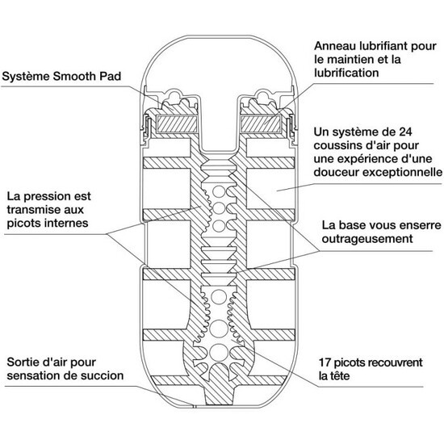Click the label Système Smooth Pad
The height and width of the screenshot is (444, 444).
(x=61, y=77)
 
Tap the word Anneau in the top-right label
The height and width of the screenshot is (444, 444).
(x=335, y=46)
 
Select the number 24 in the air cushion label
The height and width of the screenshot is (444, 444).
(x=405, y=132)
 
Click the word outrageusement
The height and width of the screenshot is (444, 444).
(x=367, y=239)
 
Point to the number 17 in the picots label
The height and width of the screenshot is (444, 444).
(x=325, y=362)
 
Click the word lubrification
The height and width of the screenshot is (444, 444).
(x=346, y=73)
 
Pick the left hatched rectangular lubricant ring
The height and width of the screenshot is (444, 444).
(x=177, y=124)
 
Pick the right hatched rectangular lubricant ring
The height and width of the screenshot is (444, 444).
(x=261, y=124)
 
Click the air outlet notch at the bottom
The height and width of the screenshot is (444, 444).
(x=195, y=406)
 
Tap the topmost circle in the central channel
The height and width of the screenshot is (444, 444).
(x=219, y=191)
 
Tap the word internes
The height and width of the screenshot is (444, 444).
(x=66, y=223)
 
